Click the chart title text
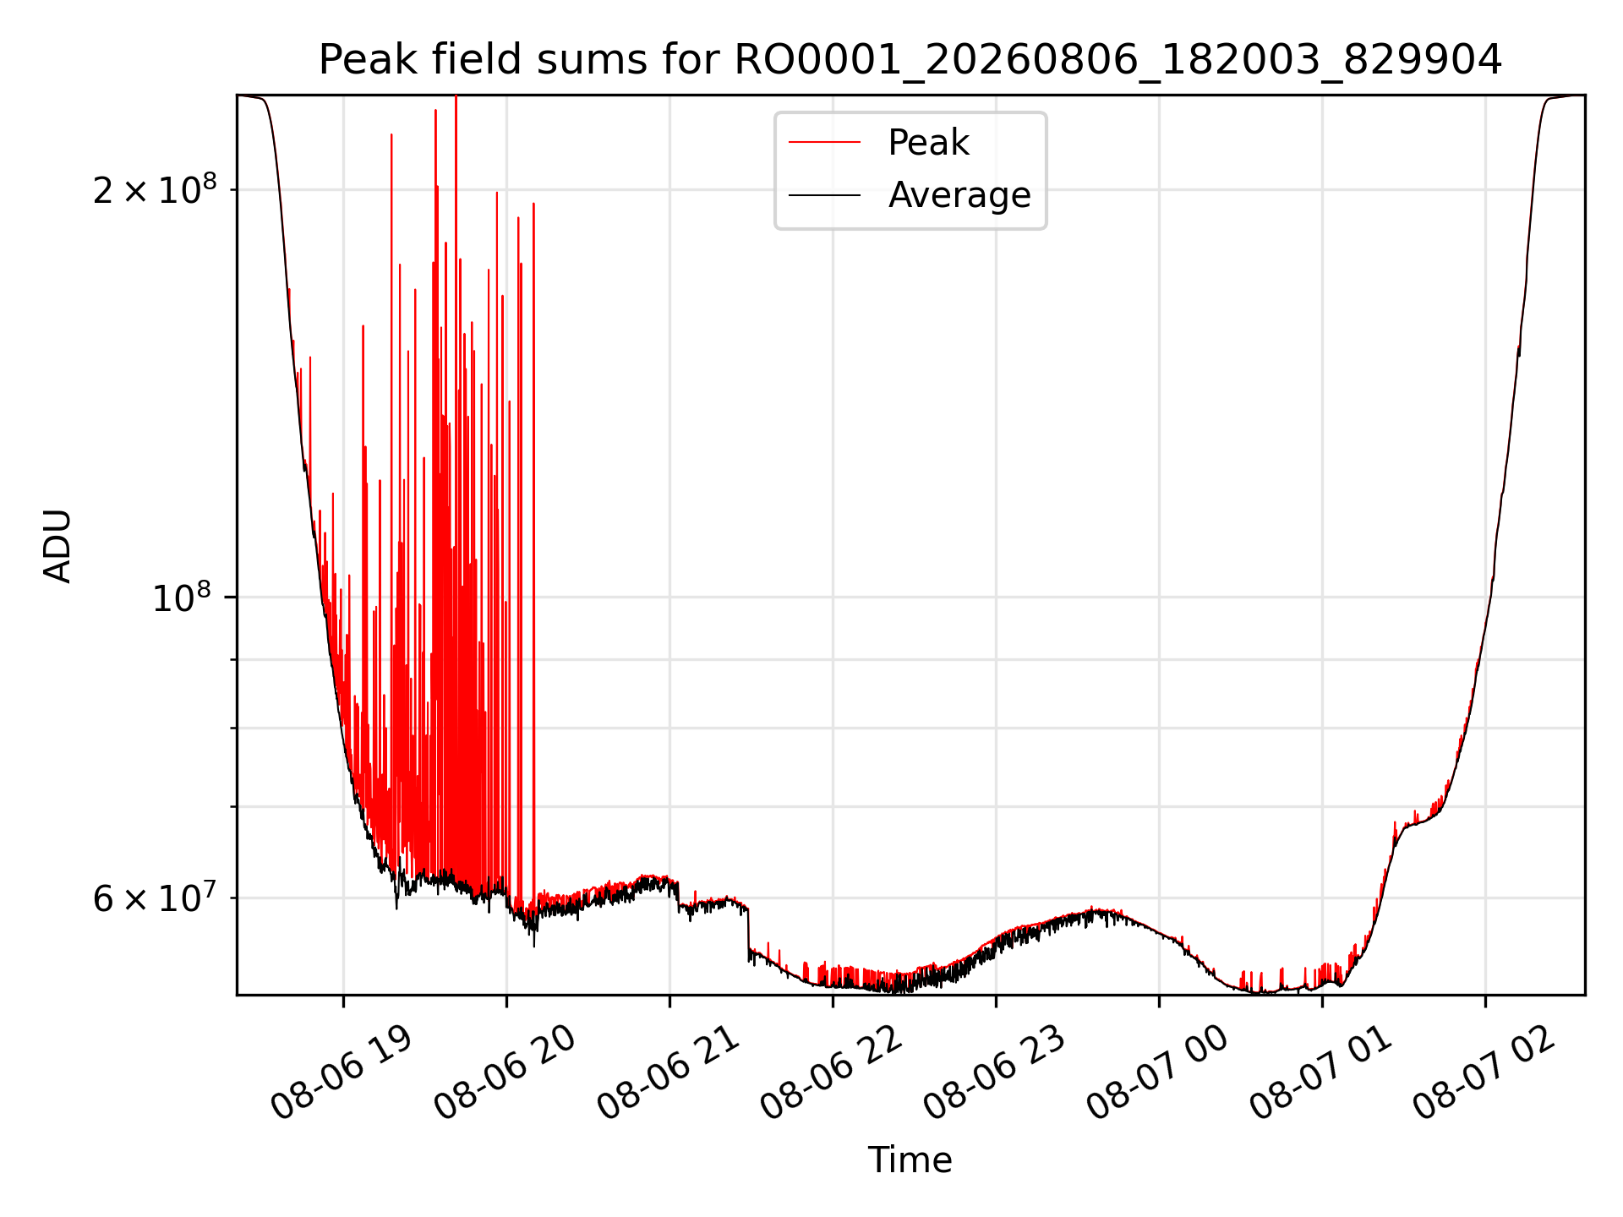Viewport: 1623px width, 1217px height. coord(910,60)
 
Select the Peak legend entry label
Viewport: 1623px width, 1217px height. coord(928,143)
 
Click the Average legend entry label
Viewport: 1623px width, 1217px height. coord(959,195)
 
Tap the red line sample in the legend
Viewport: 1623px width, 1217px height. coord(824,143)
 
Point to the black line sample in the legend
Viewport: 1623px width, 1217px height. coord(824,195)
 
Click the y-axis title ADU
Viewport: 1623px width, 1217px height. coord(57,546)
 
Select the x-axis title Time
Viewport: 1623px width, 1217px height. coord(910,1160)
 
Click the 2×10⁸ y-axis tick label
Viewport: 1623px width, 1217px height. coord(154,189)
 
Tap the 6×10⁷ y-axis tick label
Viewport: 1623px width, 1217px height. coord(154,898)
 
